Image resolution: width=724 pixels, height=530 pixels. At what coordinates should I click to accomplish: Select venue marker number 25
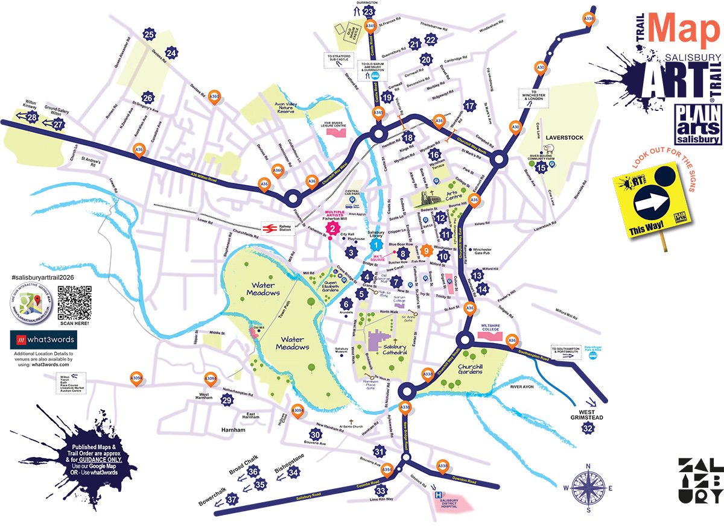tap(150, 34)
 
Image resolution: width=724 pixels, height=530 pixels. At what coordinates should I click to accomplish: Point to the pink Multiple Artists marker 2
tap(332, 229)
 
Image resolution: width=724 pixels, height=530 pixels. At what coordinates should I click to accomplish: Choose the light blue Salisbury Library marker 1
tap(376, 245)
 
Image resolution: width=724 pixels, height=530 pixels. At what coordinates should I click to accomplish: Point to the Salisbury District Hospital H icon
tap(439, 495)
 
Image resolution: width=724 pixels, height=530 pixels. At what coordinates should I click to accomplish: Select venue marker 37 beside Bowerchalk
tap(232, 499)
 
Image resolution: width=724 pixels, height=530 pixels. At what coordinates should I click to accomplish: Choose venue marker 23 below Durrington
tap(368, 11)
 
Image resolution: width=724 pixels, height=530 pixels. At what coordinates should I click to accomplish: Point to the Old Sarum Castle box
tap(348, 31)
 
